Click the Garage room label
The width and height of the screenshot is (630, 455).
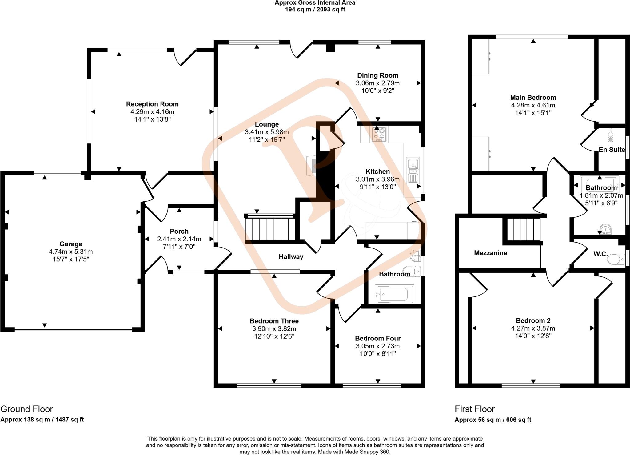pyautogui.click(x=71, y=244)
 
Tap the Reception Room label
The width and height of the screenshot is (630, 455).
pyautogui.click(x=152, y=104)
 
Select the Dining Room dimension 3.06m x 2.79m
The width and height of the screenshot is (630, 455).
pyautogui.click(x=378, y=83)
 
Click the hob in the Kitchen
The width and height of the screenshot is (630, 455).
pyautogui.click(x=379, y=134)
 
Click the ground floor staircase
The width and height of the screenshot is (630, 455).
pyautogui.click(x=270, y=228)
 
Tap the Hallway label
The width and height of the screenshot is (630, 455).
pyautogui.click(x=291, y=257)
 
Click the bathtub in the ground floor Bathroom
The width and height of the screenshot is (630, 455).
pyautogui.click(x=394, y=294)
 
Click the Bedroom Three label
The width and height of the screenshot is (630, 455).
pyautogui.click(x=274, y=321)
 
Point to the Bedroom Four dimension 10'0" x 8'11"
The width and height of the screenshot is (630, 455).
pyautogui.click(x=378, y=354)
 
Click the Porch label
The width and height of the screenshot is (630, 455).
pyautogui.click(x=179, y=231)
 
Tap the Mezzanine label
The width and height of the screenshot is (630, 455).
pyautogui.click(x=491, y=253)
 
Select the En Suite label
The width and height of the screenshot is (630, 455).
pyautogui.click(x=612, y=150)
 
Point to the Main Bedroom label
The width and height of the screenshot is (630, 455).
pyautogui.click(x=533, y=98)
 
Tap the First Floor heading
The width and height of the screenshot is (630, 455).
pyautogui.click(x=475, y=409)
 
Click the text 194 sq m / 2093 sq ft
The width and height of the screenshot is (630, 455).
pyautogui.click(x=315, y=10)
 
